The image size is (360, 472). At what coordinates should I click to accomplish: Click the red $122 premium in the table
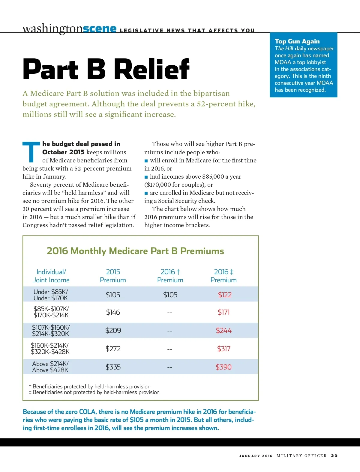click(x=225, y=295)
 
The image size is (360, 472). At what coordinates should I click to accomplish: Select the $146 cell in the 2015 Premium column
click(x=113, y=312)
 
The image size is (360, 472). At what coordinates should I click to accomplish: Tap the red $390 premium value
click(x=223, y=367)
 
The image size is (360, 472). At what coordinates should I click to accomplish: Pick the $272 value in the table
click(x=113, y=349)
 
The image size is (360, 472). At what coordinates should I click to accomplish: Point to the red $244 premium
click(x=224, y=331)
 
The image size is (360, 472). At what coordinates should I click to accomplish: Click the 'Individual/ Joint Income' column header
click(x=51, y=276)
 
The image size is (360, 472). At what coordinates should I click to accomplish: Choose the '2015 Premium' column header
click(x=113, y=276)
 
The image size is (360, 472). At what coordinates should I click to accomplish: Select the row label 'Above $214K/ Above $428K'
click(x=50, y=367)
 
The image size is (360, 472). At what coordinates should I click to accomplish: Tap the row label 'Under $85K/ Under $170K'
click(x=51, y=295)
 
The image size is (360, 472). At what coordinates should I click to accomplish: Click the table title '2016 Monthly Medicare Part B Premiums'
click(x=135, y=251)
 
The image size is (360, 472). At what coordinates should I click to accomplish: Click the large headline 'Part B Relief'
click(x=106, y=69)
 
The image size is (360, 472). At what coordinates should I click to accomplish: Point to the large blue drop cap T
click(x=31, y=152)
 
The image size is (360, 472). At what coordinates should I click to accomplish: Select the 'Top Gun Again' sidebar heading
click(x=297, y=41)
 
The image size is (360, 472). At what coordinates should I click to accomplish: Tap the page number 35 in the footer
click(x=334, y=456)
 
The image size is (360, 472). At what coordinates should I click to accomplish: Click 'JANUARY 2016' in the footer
click(x=256, y=456)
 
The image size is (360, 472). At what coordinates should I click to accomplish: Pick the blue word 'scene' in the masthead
click(x=100, y=28)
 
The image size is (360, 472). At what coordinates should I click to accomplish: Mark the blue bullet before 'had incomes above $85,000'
click(x=146, y=177)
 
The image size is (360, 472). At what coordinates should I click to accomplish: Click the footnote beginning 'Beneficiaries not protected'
click(x=96, y=392)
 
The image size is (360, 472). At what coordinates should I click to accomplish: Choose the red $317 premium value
click(x=224, y=349)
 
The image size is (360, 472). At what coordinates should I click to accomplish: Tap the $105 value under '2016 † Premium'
click(x=170, y=295)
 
